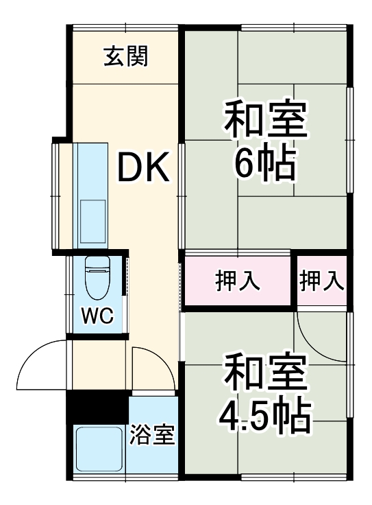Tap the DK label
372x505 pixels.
pos(143,167)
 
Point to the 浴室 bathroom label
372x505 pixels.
pos(153,434)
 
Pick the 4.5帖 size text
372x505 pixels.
pos(265,412)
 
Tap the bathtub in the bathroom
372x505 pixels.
pos(97,449)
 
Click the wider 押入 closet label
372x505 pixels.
pos(238,281)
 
